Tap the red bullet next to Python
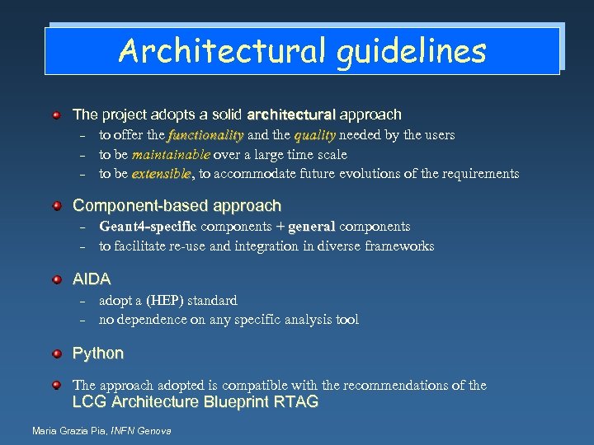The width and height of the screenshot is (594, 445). coord(55,354)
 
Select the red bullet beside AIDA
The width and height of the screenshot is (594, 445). coord(55,279)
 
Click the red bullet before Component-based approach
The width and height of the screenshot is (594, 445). coord(55,205)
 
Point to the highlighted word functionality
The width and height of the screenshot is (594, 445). coord(205,135)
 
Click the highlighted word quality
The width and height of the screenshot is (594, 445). coord(314,135)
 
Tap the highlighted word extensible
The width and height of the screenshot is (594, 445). coord(161,174)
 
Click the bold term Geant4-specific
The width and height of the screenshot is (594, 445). coord(148,227)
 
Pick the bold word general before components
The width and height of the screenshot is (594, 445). coord(311,227)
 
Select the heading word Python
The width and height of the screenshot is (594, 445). coord(98,354)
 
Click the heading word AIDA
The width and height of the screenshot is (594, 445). coord(92,279)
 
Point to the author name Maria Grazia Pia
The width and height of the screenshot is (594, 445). coord(69,431)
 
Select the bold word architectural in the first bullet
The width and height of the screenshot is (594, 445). coord(290,115)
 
